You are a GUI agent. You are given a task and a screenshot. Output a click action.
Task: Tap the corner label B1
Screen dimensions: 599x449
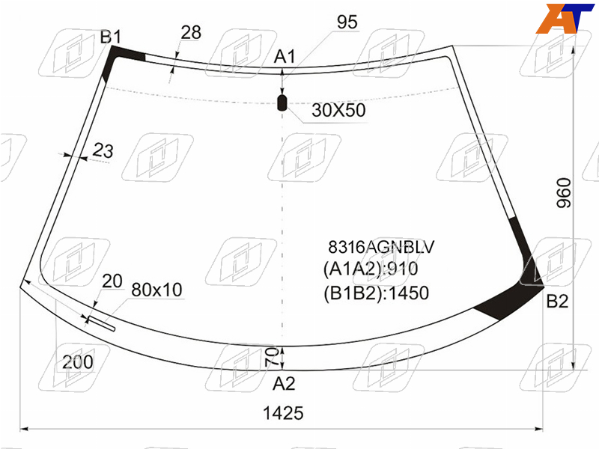click(110, 37)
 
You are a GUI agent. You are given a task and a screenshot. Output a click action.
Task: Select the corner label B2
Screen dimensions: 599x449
click(557, 302)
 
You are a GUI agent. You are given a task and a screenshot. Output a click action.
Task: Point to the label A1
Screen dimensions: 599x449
click(285, 57)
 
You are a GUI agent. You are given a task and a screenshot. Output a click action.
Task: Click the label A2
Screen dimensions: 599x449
click(284, 383)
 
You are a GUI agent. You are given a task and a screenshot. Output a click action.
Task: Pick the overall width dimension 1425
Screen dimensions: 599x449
click(283, 413)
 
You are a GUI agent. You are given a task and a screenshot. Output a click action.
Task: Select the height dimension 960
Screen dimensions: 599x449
click(564, 193)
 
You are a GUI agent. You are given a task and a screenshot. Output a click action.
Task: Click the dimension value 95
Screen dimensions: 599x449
click(347, 22)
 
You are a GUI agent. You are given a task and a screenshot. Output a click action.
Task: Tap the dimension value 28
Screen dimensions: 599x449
click(191, 32)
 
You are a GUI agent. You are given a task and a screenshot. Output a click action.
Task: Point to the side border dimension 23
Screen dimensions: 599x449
click(103, 150)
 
